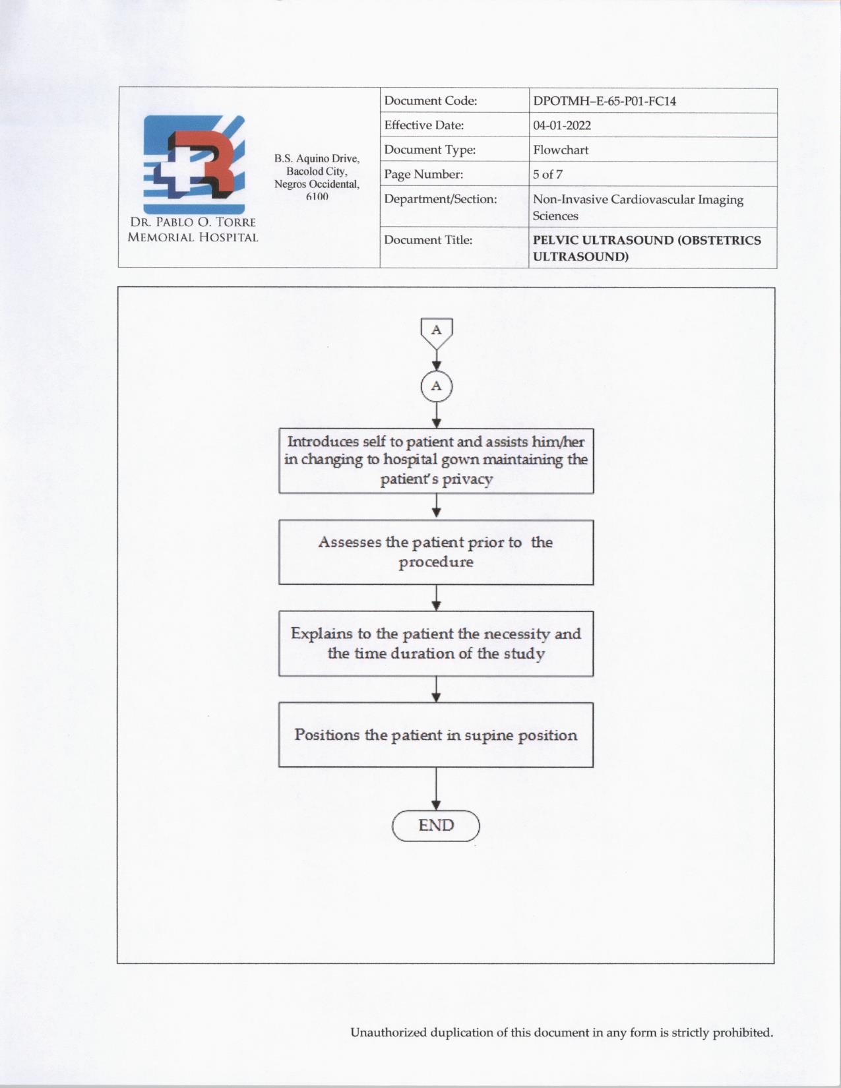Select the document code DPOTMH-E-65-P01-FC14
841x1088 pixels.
[x=604, y=102]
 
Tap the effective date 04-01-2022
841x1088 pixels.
[x=562, y=125]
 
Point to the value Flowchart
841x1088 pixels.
[x=561, y=150]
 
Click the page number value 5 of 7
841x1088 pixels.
[x=547, y=175]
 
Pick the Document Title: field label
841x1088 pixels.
[x=428, y=240]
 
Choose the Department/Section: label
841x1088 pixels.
[x=440, y=199]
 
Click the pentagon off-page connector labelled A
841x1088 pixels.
[x=436, y=332]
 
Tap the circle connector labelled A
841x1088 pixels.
[x=436, y=386]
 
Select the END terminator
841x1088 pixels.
[x=436, y=826]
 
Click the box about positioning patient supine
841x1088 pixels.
[x=436, y=735]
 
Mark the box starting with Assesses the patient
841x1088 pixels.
[x=436, y=552]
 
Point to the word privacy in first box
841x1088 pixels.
[x=468, y=479]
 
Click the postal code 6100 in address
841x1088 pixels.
[x=317, y=196]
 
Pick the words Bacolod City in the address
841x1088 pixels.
[x=317, y=171]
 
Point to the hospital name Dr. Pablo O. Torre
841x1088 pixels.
[x=193, y=222]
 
